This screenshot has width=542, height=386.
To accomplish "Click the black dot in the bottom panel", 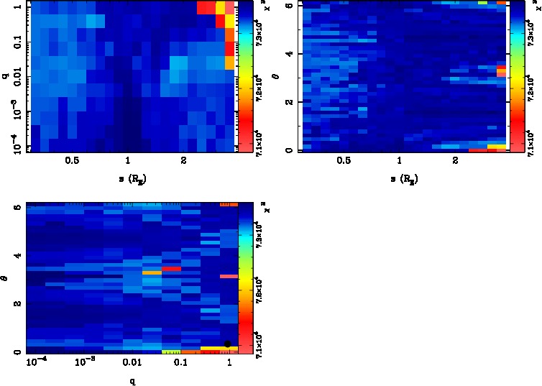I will point(228,344).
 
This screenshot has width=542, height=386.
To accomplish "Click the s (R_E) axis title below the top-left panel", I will point(128,178).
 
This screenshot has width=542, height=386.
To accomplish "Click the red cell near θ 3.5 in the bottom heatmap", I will point(170,268).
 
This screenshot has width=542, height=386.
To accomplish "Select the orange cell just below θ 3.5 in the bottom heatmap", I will point(152,273).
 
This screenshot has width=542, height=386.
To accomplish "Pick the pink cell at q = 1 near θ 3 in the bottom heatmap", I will point(228,276).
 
